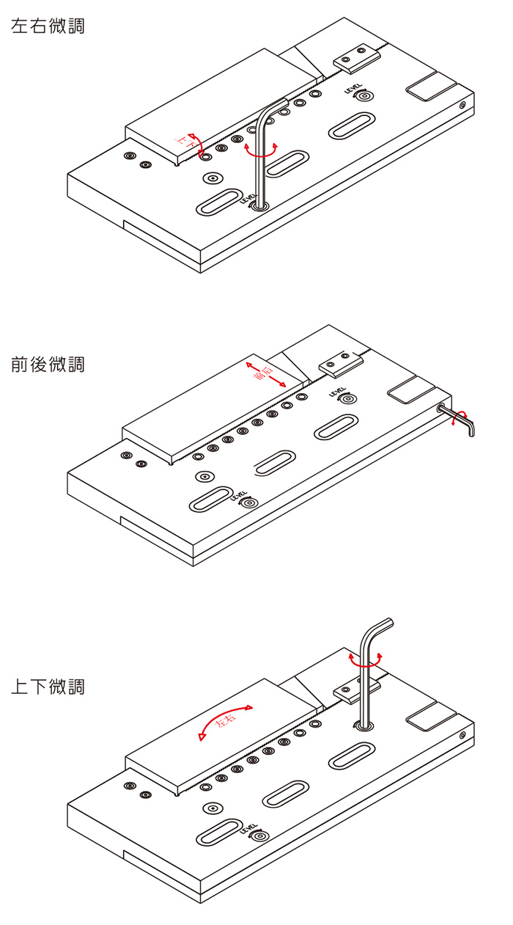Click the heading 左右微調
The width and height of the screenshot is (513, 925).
[48, 26]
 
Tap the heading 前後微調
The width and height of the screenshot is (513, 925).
[48, 364]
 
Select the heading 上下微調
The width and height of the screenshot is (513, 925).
[48, 687]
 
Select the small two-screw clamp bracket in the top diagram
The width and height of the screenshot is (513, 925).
[355, 58]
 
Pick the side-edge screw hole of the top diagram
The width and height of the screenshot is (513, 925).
[462, 105]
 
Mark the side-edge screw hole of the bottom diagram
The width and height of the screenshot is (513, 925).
[462, 736]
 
